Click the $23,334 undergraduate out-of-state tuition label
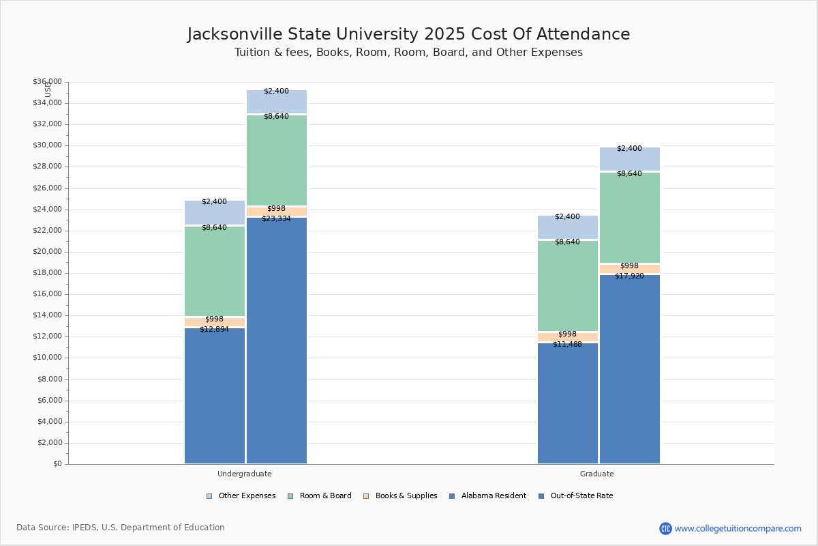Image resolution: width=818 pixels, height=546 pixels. tap(276, 219)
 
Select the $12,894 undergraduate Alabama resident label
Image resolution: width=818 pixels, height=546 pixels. tap(214, 330)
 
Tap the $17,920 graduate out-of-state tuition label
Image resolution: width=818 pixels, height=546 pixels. tap(629, 276)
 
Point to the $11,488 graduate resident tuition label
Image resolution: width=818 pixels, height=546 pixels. tap(567, 345)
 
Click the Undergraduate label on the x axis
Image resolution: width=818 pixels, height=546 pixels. tap(245, 474)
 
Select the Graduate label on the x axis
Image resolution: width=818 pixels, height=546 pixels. tap(597, 474)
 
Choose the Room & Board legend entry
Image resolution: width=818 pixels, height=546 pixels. tap(325, 496)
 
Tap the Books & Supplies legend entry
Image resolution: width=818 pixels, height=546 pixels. tap(406, 496)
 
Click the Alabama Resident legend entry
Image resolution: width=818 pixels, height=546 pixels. tap(493, 496)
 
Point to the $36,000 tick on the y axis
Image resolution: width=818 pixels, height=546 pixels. tap(47, 82)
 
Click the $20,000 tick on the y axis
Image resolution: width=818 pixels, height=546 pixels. tap(47, 252)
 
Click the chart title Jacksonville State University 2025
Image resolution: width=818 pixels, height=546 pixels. tap(408, 35)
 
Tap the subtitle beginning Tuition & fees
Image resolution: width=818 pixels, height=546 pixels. tap(408, 53)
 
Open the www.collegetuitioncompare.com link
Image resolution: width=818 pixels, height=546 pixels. tap(738, 528)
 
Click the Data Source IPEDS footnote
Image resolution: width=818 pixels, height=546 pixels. tap(121, 528)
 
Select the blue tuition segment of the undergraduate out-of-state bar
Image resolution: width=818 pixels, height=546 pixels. tap(277, 341)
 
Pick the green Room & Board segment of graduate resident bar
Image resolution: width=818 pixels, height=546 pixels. tap(568, 287)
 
